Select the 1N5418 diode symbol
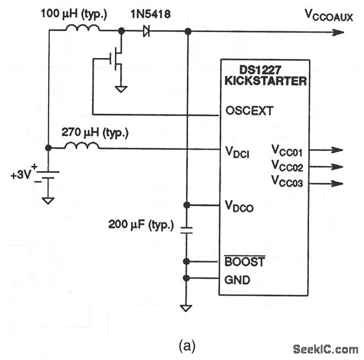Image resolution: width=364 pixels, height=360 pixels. pos(145,31)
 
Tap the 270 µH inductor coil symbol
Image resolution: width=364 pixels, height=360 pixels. pos(82,146)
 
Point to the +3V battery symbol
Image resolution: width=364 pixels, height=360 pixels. pos(48,176)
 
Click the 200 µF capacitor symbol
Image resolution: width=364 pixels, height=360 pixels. pos(187,230)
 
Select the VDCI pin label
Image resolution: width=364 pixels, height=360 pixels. pos(237,153)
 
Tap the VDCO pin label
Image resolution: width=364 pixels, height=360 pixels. pos(238,206)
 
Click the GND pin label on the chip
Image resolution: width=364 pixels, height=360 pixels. pos(237,279)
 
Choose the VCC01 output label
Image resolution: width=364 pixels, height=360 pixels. pos(287,150)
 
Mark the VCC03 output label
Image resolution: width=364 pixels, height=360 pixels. pos(287,182)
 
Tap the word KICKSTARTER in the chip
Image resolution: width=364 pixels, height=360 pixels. pos(266,82)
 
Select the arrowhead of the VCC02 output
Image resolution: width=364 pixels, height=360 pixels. pos(338,167)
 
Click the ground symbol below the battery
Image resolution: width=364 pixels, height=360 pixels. pos(48,200)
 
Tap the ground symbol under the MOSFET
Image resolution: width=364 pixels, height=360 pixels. pos(122,88)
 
